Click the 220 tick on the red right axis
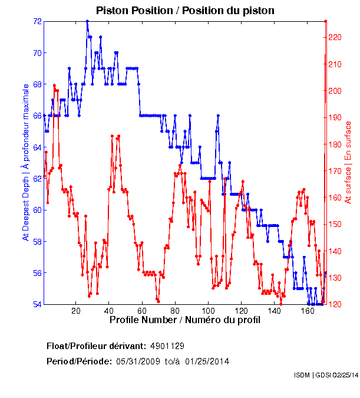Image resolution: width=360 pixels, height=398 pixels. pos(334,37)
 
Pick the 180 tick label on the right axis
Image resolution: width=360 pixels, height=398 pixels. pos(334,144)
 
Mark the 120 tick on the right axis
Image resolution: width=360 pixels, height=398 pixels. pos(334,304)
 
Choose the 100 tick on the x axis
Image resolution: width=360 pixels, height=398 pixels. pos(208,311)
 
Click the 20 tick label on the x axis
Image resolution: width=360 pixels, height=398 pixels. pos(75,311)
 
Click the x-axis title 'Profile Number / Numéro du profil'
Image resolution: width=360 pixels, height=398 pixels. pos(185,320)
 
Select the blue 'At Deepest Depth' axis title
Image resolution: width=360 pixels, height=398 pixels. pos(25,162)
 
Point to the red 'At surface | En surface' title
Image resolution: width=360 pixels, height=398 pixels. pos(348,162)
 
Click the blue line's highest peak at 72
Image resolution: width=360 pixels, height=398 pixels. pos(87,21)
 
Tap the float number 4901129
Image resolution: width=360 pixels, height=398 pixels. pos(171,346)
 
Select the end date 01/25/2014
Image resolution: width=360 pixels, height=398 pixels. pos(207,361)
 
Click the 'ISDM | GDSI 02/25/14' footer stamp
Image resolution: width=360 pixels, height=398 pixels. pos(326,375)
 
